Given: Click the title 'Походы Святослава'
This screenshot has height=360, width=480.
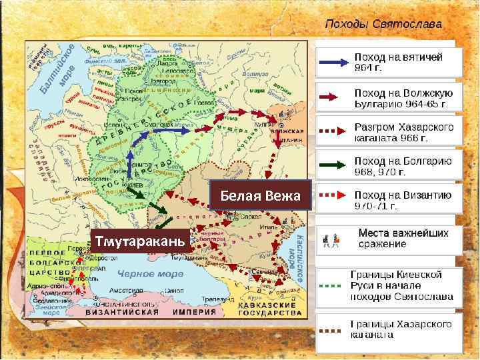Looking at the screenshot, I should pyautogui.click(x=383, y=23).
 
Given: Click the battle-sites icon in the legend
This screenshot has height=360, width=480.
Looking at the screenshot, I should pyautogui.click(x=331, y=238).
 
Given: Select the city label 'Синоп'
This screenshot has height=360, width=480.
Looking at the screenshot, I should pyautogui.click(x=174, y=291).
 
